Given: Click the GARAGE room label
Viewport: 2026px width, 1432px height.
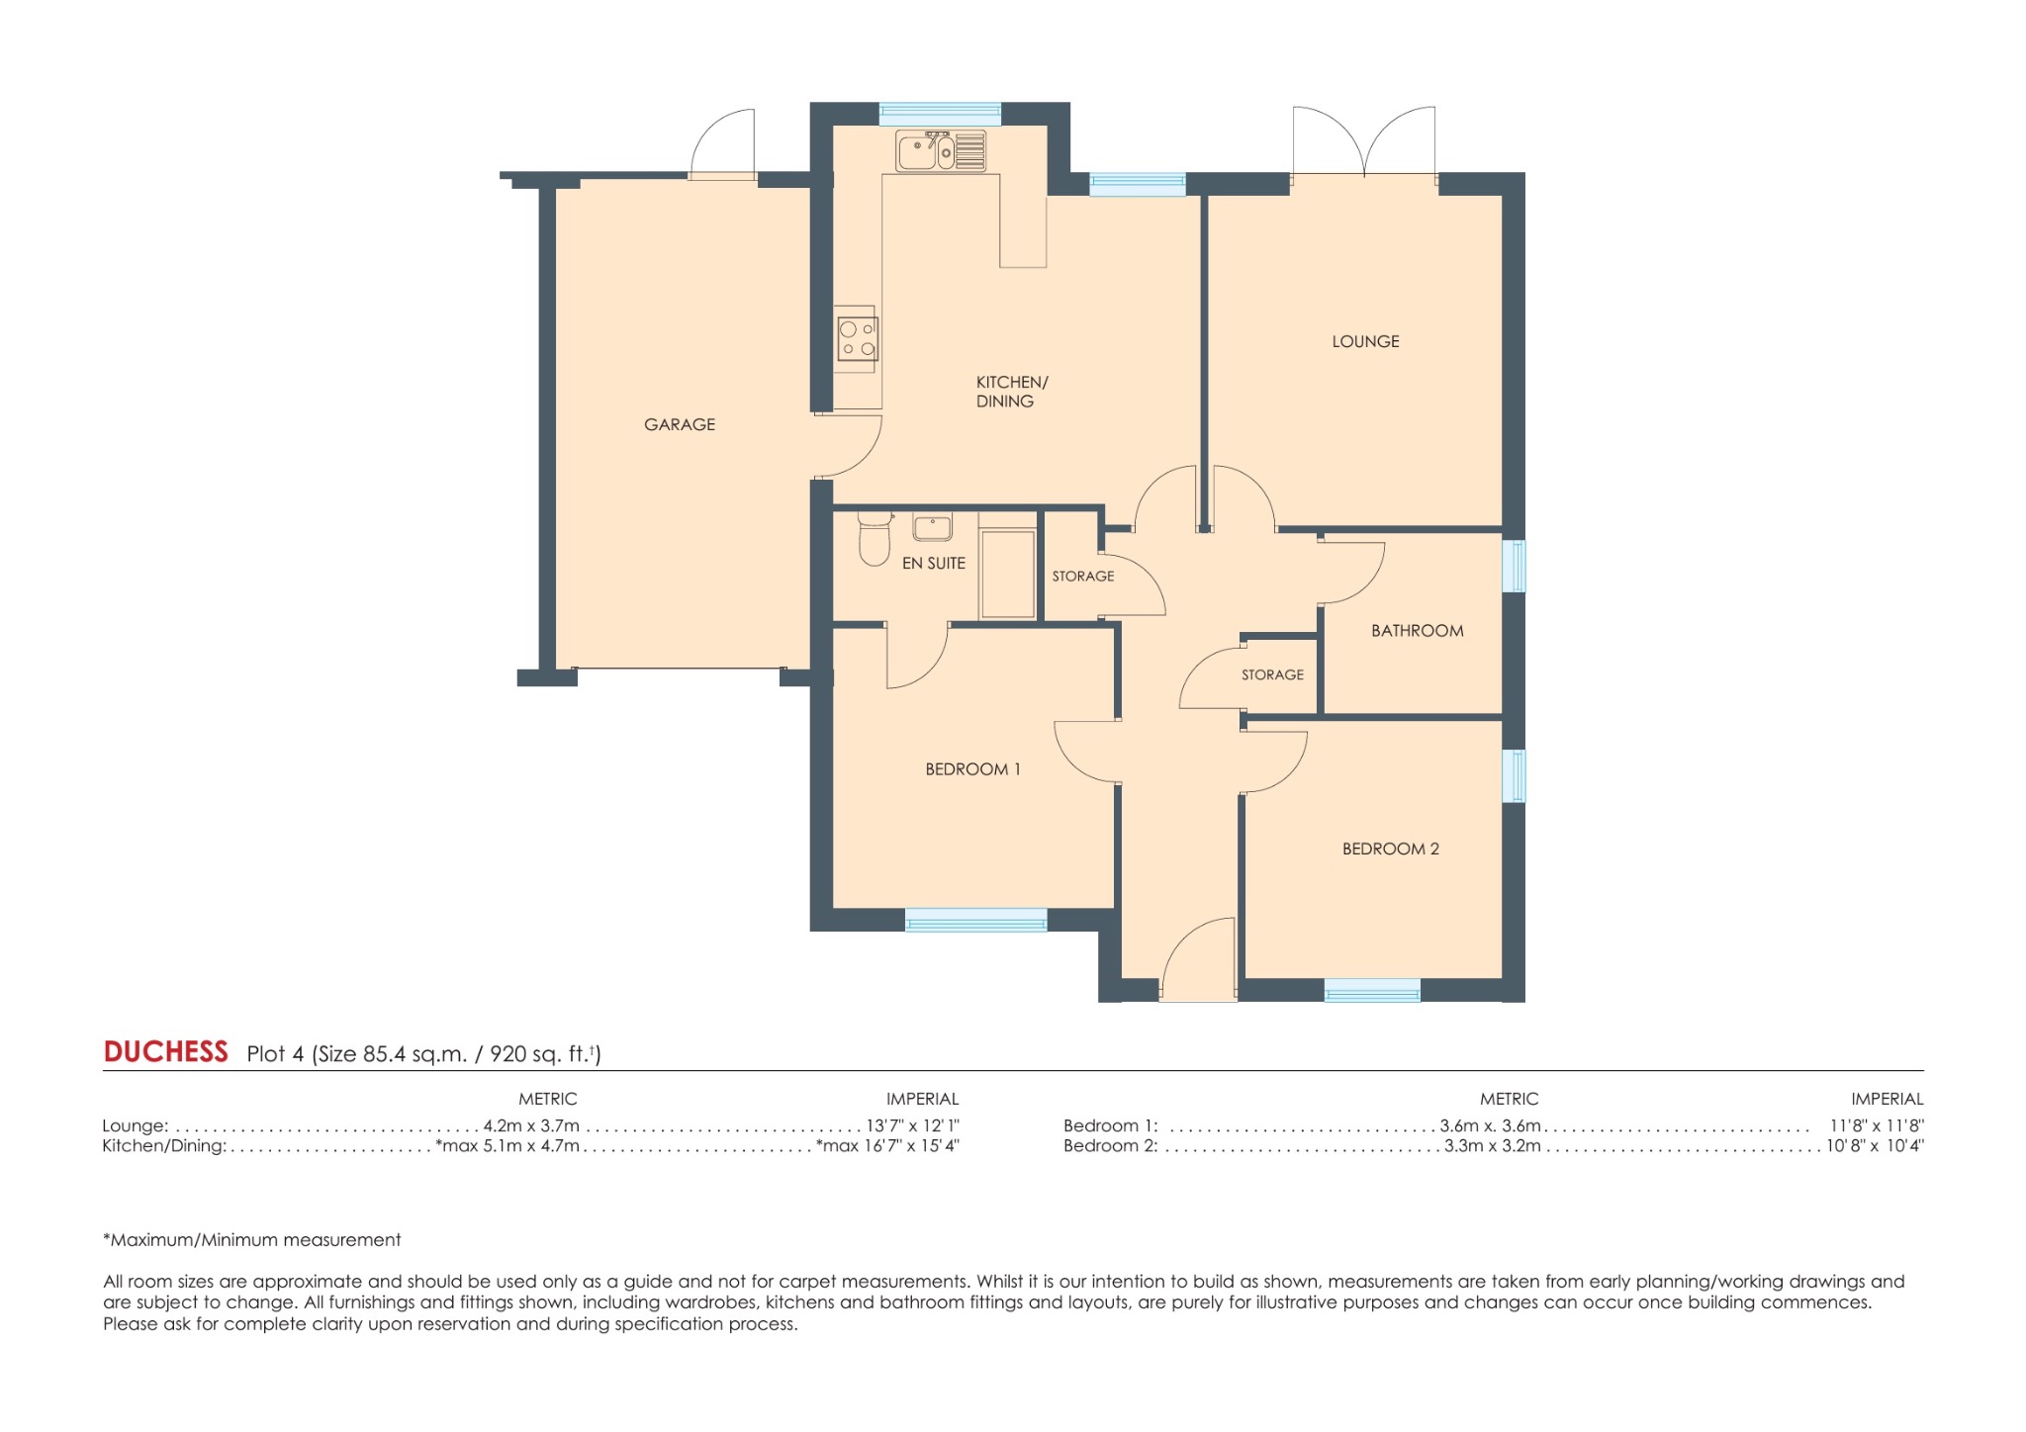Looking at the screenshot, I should click(679, 424).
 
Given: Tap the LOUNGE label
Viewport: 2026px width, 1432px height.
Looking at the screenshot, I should click(1365, 341).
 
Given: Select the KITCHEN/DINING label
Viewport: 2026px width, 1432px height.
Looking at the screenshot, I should click(1010, 392).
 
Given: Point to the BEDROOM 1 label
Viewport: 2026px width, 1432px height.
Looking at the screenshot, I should click(972, 768).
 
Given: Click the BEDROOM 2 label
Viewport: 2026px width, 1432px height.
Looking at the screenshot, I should click(1390, 849).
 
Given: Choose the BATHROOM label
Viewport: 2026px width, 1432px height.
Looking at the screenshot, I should click(1417, 630).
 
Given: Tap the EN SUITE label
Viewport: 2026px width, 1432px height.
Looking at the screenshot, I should click(933, 563).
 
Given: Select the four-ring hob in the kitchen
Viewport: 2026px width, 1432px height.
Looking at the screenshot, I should click(857, 338).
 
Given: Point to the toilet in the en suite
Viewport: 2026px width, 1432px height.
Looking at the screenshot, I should click(874, 539).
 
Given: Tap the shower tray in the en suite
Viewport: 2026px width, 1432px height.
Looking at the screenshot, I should click(1007, 575).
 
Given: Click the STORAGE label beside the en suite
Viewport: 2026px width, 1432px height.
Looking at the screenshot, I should click(1082, 576).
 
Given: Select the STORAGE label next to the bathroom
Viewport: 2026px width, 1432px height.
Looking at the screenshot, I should click(1272, 674).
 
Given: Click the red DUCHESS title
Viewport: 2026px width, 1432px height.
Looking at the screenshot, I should click(165, 1051).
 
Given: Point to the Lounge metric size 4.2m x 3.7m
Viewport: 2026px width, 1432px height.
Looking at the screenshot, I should click(531, 1125).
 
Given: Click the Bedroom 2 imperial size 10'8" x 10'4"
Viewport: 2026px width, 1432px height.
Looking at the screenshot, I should click(1874, 1146).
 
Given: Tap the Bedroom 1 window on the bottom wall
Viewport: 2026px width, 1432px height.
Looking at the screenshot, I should click(975, 921).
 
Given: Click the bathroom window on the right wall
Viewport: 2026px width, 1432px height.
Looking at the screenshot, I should click(1514, 566).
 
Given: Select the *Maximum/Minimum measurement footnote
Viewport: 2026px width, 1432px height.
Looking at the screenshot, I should click(252, 1239).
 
